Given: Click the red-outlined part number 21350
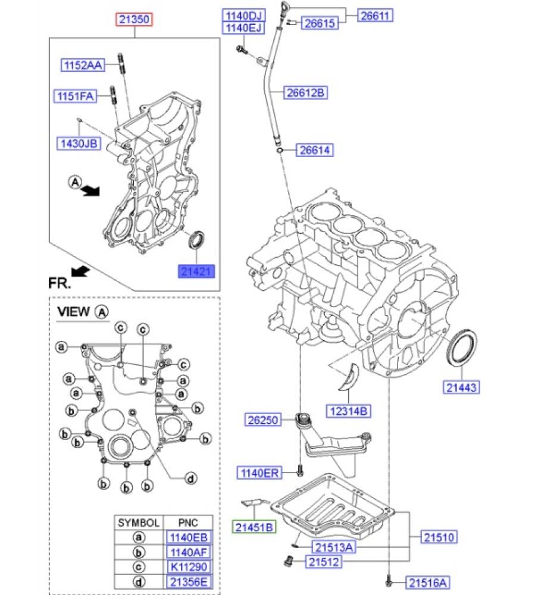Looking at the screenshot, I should (x=134, y=20).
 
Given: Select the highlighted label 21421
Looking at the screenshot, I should (x=195, y=272).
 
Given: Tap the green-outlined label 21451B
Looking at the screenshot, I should (x=254, y=527).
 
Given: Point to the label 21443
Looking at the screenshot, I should (x=461, y=387).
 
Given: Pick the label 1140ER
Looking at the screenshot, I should (x=259, y=473).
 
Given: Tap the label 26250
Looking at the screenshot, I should (x=262, y=420).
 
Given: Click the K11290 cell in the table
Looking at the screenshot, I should (x=188, y=567).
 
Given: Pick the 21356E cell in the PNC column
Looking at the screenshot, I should (x=188, y=582).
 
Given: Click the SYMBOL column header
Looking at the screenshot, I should (x=138, y=523).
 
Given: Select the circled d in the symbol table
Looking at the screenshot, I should (x=138, y=582).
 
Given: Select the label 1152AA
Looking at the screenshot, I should (x=83, y=65).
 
